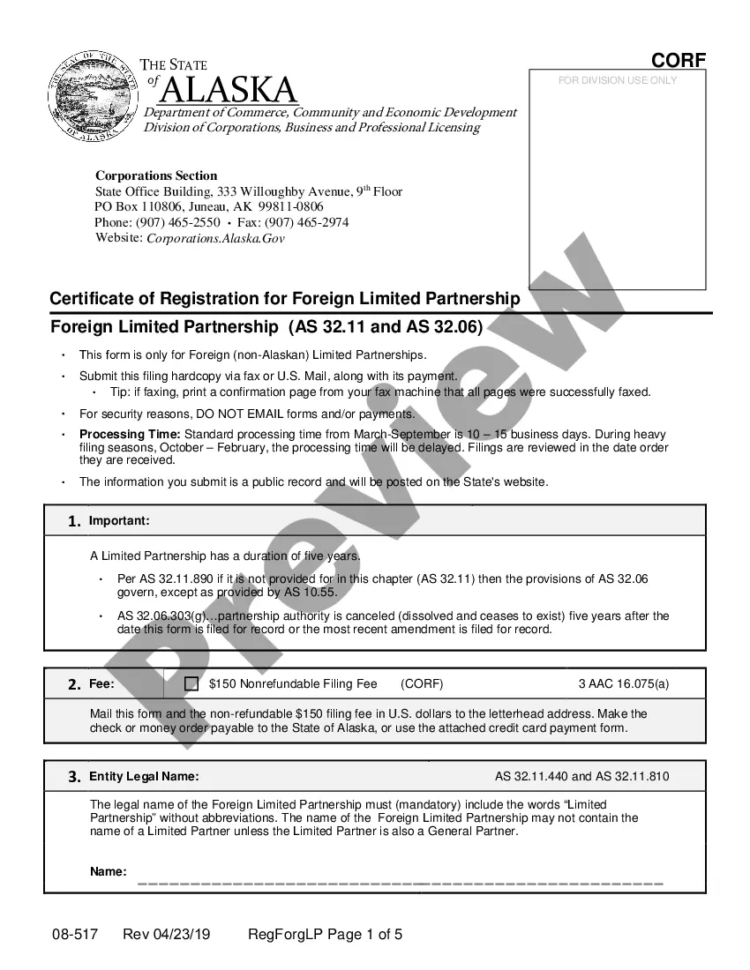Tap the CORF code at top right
[679, 60]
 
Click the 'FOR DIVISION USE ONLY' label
[618, 80]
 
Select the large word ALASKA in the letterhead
[230, 90]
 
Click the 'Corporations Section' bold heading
[156, 175]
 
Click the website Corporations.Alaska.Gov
[215, 238]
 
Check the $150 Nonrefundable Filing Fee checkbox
[191, 683]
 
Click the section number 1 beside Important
[75, 521]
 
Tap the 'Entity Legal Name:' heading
[144, 777]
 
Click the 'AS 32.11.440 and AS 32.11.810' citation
[581, 777]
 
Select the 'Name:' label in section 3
[109, 871]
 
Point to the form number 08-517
[74, 935]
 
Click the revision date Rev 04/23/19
[167, 935]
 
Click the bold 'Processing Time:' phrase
[130, 434]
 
